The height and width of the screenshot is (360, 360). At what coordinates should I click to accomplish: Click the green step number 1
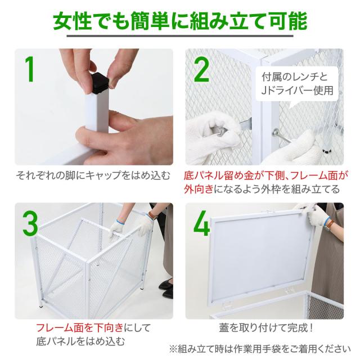[30, 69]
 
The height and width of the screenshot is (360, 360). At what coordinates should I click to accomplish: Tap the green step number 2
[201, 70]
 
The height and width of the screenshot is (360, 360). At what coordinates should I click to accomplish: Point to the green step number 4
[201, 224]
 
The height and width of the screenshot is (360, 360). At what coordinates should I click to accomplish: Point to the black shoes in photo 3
[166, 288]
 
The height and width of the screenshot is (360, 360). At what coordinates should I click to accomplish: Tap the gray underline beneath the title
[180, 36]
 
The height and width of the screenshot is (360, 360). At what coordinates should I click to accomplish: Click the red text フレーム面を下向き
[80, 327]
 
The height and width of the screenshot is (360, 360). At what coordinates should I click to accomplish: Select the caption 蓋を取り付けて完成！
[265, 327]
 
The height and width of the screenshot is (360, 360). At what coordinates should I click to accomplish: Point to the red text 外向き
[199, 190]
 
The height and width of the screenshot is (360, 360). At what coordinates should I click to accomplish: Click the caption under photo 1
[93, 175]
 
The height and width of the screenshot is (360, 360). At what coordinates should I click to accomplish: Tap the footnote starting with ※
[260, 349]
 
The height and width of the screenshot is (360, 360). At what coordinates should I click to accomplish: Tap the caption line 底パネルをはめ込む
[80, 341]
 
